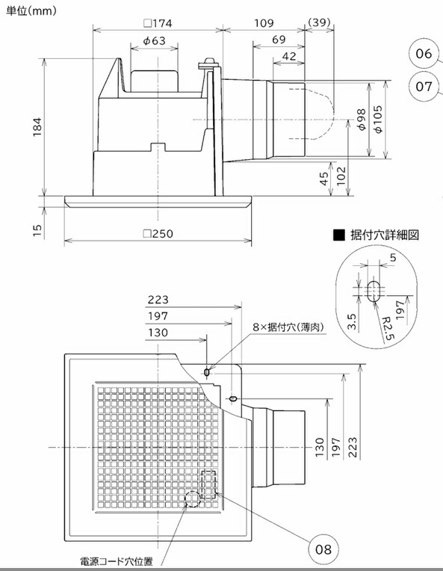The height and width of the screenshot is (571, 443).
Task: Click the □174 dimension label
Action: click(x=158, y=22)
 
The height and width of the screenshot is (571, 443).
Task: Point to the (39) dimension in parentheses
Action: click(x=320, y=22)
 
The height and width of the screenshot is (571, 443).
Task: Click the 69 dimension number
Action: click(x=279, y=39)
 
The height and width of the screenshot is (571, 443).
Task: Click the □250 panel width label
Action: click(x=158, y=234)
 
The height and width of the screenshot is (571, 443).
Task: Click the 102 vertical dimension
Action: click(x=342, y=176)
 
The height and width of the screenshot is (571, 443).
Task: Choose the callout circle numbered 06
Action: click(x=424, y=54)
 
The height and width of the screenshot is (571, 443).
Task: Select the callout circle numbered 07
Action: click(x=424, y=87)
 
